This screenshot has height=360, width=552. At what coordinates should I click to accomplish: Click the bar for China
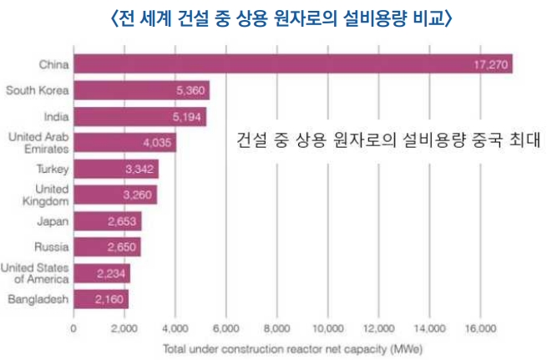292,64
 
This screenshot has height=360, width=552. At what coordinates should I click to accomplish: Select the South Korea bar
141,90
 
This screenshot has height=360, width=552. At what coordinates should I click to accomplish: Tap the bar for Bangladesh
101,298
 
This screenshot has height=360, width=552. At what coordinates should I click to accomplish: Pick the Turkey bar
116,169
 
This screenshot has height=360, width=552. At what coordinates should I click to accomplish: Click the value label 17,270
490,64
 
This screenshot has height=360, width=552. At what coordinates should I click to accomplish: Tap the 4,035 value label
159,143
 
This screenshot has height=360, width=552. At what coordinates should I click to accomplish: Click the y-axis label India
56,117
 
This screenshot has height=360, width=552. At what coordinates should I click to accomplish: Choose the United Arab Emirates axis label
38,142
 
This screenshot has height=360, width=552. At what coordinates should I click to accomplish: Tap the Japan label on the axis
53,221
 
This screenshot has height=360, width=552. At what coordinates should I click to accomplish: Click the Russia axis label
51,247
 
